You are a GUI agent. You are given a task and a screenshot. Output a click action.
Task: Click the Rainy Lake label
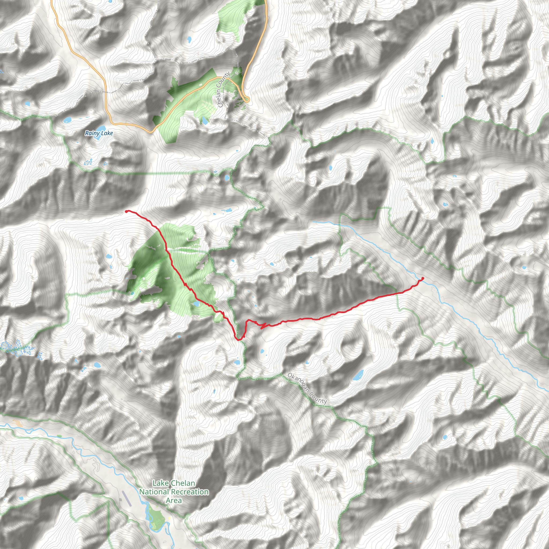tap(99, 133)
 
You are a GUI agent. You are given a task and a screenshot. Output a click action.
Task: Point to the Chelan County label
tap(223, 90)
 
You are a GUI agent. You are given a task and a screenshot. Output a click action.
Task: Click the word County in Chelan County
tap(226, 80)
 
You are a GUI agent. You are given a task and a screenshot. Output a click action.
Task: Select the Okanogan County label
tap(307, 388)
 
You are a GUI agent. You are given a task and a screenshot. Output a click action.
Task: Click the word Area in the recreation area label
tap(174, 500)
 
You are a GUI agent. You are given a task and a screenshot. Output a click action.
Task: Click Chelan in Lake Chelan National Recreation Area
tap(183, 483)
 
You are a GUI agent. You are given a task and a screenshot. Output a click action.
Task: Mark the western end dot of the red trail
tap(126, 212)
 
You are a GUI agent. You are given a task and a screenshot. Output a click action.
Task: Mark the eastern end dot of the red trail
tap(422, 279)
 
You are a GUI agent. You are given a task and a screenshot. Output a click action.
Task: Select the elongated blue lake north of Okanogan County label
tap(358, 375)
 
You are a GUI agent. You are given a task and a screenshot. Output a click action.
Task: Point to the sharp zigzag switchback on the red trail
tap(263, 326)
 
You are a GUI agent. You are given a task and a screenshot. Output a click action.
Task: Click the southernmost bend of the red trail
tap(239, 339)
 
